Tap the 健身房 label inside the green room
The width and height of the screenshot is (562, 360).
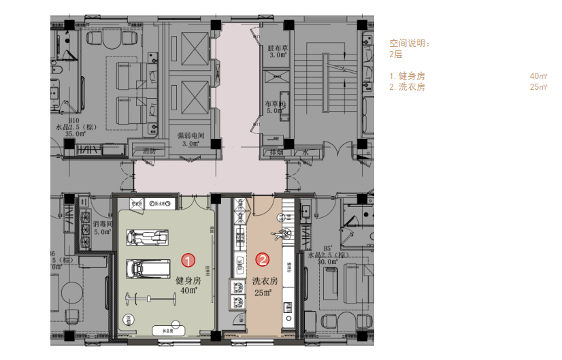[188, 280]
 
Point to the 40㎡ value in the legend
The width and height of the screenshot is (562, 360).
[538, 76]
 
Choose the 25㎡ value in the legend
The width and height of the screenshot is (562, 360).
[538, 87]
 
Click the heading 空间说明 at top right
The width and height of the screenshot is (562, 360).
[409, 44]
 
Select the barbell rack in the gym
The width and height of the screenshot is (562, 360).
[147, 297]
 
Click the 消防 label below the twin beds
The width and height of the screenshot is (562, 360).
[149, 150]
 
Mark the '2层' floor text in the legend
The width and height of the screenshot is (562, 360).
[395, 54]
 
